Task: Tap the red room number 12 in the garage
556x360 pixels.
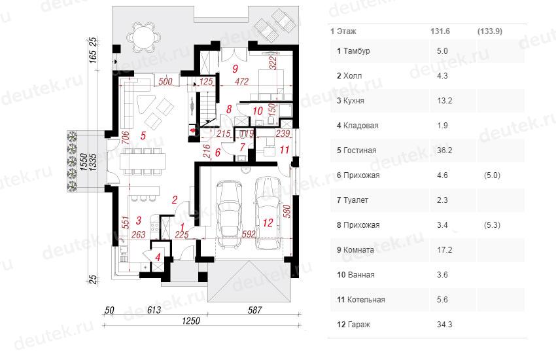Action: (268, 223)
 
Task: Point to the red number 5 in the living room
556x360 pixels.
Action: (143, 135)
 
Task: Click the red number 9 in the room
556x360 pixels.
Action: (235, 68)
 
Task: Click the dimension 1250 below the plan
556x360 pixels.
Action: (191, 321)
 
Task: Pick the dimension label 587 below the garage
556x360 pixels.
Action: (254, 310)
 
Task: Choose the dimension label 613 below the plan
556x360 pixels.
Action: (154, 310)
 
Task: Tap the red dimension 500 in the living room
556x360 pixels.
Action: (165, 81)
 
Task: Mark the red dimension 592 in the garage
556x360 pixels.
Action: (249, 234)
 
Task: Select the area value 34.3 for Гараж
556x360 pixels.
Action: (444, 325)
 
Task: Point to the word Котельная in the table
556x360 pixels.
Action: (366, 300)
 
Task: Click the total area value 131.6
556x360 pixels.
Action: (440, 31)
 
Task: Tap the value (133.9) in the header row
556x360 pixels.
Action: (490, 31)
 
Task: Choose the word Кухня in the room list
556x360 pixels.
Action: (354, 101)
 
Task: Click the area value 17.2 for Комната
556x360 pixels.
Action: (444, 250)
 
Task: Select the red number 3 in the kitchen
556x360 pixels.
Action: (138, 221)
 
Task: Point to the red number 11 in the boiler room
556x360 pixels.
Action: (285, 150)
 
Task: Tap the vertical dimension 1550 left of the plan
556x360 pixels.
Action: (84, 162)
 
